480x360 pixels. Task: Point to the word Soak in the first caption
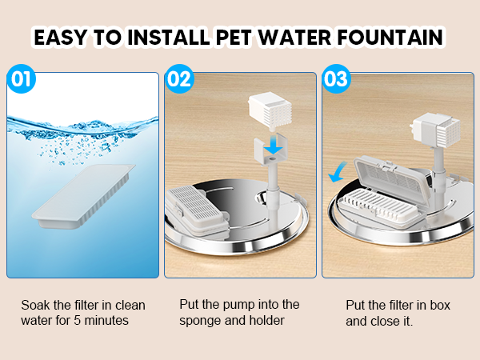tap(35, 305)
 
